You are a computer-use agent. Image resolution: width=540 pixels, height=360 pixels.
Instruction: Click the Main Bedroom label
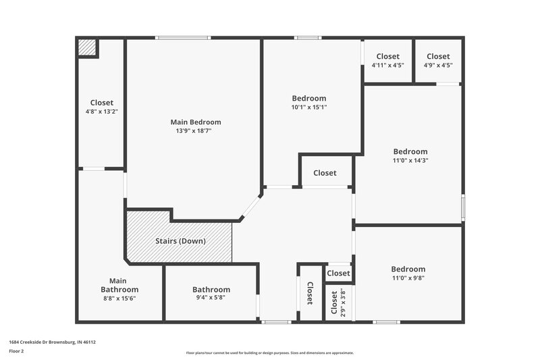[x=195, y=122]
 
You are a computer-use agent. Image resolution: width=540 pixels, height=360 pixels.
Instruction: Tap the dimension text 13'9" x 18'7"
[x=195, y=131]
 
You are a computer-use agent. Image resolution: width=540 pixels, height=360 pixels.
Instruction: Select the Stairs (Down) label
[x=180, y=241]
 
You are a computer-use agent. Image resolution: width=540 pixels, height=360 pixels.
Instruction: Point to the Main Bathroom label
[x=119, y=285]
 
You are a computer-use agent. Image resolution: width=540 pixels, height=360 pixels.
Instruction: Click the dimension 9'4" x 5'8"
[x=211, y=298]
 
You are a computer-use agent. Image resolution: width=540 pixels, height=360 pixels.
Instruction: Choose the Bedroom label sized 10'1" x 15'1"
[x=308, y=98]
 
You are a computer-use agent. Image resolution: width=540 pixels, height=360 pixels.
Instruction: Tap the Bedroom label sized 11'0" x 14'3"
[x=410, y=152]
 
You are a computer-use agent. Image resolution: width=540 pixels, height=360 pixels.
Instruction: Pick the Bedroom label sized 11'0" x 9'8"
[x=408, y=269]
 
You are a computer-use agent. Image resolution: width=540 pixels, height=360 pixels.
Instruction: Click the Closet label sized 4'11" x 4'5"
[x=388, y=57]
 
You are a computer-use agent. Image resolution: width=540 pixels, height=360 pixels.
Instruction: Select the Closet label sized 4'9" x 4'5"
[x=438, y=57]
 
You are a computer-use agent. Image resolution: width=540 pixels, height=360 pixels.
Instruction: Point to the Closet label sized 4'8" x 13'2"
[x=101, y=103]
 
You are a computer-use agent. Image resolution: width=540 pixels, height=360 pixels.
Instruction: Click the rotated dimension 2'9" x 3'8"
[x=343, y=304]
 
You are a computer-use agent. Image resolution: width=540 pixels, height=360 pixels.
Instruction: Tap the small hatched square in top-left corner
[x=87, y=47]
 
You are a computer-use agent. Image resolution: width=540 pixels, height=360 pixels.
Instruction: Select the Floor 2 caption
[x=17, y=351]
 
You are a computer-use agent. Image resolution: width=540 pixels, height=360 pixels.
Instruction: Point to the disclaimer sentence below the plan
[x=269, y=353]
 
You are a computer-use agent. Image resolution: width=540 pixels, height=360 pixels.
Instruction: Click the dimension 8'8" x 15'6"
[x=119, y=298]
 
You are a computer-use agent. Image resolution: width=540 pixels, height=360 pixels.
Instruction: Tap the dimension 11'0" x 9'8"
[x=408, y=278]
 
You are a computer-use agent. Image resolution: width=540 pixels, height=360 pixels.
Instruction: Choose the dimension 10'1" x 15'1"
[x=308, y=107]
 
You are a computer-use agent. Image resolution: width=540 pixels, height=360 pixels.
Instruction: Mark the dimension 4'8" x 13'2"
[x=102, y=111]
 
